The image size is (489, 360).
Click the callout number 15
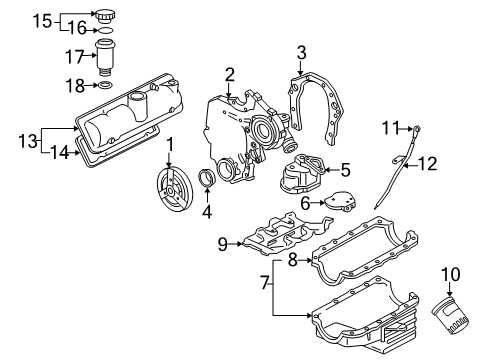[42, 21]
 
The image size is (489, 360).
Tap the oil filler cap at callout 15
[105, 16]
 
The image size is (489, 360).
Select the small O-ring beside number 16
[106, 30]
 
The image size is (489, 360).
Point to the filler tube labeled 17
[105, 58]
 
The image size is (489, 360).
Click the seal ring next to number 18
[105, 85]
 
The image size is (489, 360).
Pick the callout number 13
[28, 141]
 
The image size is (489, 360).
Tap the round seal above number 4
[207, 179]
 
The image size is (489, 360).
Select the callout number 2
[230, 75]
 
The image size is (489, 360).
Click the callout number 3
[301, 53]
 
